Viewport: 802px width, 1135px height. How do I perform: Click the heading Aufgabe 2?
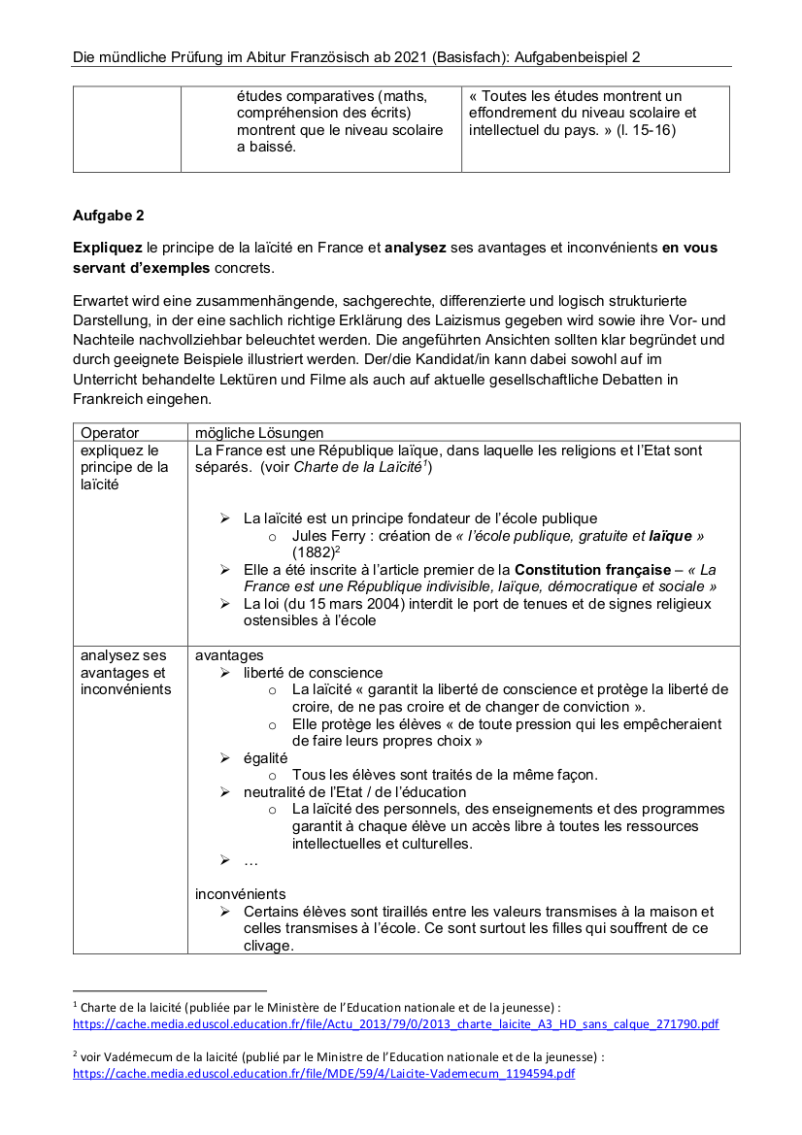click(x=108, y=216)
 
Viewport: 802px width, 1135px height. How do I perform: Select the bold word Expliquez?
click(x=107, y=248)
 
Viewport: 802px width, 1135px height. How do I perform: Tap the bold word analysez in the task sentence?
click(x=415, y=248)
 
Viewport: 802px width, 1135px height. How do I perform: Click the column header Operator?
click(x=110, y=433)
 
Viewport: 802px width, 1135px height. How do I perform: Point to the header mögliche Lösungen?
click(x=259, y=433)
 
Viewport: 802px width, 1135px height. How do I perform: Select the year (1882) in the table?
click(x=312, y=552)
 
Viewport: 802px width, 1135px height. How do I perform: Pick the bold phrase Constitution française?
click(x=592, y=570)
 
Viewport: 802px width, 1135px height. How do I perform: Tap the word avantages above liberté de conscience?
click(x=229, y=655)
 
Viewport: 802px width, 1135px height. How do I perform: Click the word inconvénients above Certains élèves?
click(x=240, y=893)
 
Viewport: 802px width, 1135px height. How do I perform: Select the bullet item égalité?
click(x=265, y=757)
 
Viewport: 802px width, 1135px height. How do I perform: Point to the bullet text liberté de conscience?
click(x=313, y=673)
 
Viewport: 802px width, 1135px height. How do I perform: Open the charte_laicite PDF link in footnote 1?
click(x=396, y=1023)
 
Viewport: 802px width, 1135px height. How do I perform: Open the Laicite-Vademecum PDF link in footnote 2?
click(x=324, y=1073)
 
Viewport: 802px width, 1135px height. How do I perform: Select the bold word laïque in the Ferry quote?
click(x=670, y=536)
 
